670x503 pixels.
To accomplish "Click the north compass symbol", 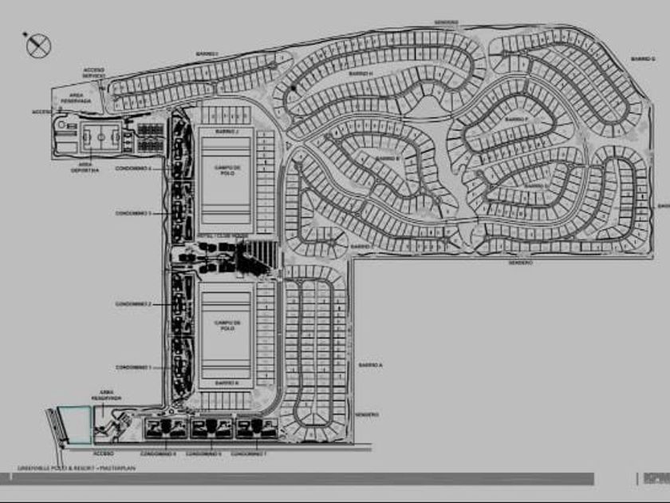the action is tap(37, 45).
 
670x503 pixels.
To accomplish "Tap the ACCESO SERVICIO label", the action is tap(93, 73).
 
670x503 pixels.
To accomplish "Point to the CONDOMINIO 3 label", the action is tap(133, 213).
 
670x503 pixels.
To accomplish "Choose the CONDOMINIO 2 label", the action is tap(133, 304).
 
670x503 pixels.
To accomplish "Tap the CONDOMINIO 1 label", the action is tap(133, 366).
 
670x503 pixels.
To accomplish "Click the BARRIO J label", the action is tap(227, 130).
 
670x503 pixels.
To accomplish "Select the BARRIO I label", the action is tap(207, 54).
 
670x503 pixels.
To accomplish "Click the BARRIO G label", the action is tap(642, 58).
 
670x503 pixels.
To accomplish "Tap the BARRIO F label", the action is tap(516, 119).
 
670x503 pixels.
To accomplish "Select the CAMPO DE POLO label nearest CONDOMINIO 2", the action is tap(227, 326).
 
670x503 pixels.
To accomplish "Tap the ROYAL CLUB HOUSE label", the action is tap(216, 237).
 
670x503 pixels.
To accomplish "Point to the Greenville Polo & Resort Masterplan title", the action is tap(77, 468).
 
